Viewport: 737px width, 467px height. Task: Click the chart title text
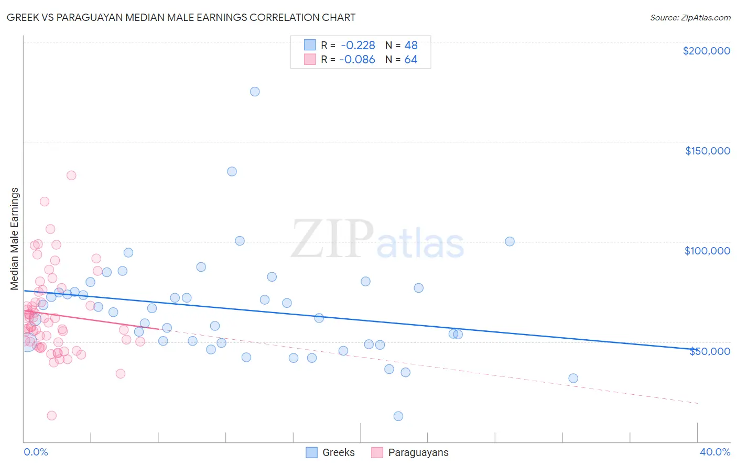(x=181, y=17)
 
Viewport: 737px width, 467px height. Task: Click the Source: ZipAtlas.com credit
(x=690, y=17)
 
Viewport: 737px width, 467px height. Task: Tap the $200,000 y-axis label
(x=706, y=51)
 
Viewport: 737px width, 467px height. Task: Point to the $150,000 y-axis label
(x=707, y=151)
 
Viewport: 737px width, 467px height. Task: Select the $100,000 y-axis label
(x=707, y=251)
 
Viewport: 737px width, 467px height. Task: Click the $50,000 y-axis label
(x=709, y=351)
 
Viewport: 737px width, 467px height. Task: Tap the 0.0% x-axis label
(x=36, y=452)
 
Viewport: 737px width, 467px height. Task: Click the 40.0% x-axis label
(x=715, y=452)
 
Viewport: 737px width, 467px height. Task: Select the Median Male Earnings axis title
(x=15, y=239)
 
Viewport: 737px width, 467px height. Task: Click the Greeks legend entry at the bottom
(x=330, y=452)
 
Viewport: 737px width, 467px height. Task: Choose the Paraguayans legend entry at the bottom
(x=410, y=452)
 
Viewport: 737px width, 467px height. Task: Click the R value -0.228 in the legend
(x=358, y=45)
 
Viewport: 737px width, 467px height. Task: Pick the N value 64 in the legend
(x=411, y=59)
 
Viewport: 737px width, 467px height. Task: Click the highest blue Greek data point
(x=255, y=92)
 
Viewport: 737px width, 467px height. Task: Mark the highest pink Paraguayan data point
(x=71, y=175)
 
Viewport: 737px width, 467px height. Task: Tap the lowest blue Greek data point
(x=398, y=416)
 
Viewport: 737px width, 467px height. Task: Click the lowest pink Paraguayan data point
(x=51, y=416)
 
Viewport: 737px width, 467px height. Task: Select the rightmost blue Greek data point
(x=573, y=378)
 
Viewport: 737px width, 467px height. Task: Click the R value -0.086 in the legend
(x=357, y=59)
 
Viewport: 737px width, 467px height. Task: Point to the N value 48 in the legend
(x=411, y=45)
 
